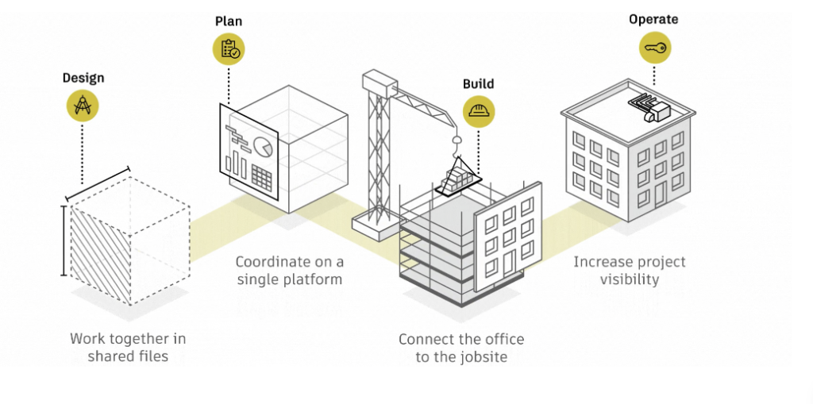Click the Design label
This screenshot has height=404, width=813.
point(83,79)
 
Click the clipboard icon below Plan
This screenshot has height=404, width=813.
point(229,50)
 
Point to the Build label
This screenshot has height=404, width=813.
point(478,84)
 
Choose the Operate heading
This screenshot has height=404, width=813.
point(654,19)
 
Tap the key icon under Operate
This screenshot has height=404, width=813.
point(655,48)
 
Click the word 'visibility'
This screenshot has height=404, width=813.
point(630,279)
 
